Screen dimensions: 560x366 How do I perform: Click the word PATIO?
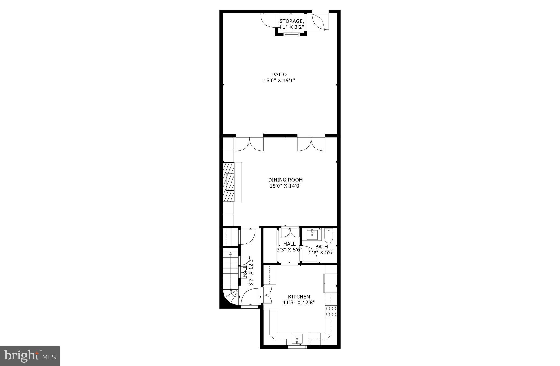pyautogui.click(x=279, y=75)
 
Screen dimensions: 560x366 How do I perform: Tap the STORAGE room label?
pyautogui.click(x=291, y=21)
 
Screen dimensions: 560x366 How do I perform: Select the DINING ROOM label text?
pyautogui.click(x=285, y=180)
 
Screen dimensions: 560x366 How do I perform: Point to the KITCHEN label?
pyautogui.click(x=299, y=297)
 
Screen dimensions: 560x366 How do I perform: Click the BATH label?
pyautogui.click(x=322, y=247)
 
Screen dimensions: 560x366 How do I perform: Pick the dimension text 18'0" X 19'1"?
pyautogui.click(x=279, y=81)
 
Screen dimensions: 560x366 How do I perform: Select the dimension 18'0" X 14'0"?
pyautogui.click(x=285, y=186)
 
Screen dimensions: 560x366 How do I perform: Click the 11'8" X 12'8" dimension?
pyautogui.click(x=299, y=302)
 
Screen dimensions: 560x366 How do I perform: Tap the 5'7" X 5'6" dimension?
pyautogui.click(x=322, y=253)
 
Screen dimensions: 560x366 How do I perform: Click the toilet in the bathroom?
pyautogui.click(x=328, y=236)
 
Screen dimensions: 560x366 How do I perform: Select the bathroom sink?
pyautogui.click(x=312, y=234)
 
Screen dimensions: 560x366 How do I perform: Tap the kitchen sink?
pyautogui.click(x=297, y=339)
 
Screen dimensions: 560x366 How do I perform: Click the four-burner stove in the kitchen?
pyautogui.click(x=331, y=311)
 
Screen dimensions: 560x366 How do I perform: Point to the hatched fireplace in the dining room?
pyautogui.click(x=228, y=182)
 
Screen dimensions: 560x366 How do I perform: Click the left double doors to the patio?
pyautogui.click(x=250, y=143)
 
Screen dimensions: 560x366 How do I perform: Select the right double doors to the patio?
pyautogui.click(x=311, y=143)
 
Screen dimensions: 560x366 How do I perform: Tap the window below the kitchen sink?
pyautogui.click(x=298, y=347)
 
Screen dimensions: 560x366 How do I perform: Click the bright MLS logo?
pyautogui.click(x=30, y=356)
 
